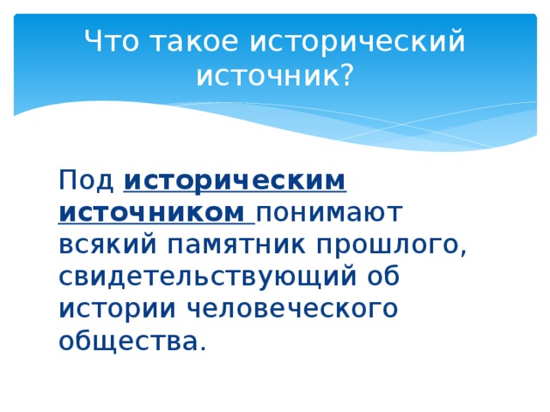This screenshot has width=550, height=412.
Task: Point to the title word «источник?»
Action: (x=274, y=77)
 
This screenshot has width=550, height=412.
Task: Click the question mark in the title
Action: (x=345, y=76)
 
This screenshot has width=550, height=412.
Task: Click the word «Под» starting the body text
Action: (x=86, y=182)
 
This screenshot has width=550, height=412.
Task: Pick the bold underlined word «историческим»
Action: (x=235, y=182)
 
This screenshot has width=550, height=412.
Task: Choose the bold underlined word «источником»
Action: (x=151, y=214)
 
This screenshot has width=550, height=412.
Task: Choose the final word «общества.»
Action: (x=132, y=341)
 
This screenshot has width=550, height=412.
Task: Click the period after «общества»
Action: (x=203, y=348)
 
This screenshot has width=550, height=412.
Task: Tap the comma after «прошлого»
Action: (x=463, y=254)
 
